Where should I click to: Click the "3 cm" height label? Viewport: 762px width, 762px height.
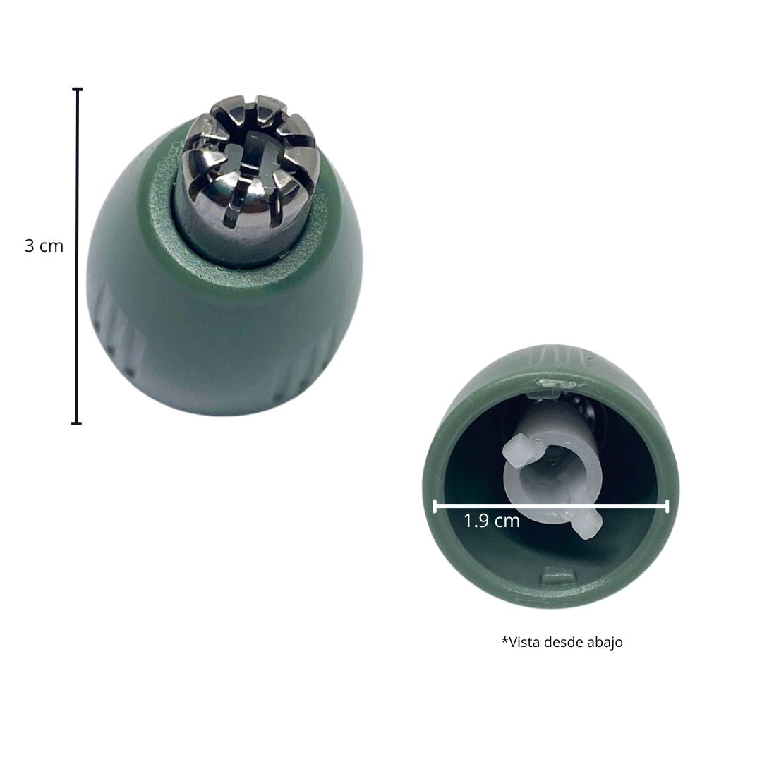[x=44, y=246]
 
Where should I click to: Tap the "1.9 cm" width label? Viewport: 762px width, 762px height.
[x=491, y=521]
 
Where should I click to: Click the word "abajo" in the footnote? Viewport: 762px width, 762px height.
[x=605, y=642]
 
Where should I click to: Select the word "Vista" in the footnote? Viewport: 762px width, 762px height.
[x=524, y=642]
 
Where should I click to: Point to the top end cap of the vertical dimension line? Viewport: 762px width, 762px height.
[x=78, y=90]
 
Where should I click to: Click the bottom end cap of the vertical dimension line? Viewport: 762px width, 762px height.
[x=76, y=423]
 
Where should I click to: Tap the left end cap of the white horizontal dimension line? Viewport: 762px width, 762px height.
[x=435, y=507]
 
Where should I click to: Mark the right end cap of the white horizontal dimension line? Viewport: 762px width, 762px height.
[x=667, y=507]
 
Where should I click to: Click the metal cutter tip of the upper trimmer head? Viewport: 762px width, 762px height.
[x=250, y=168]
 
